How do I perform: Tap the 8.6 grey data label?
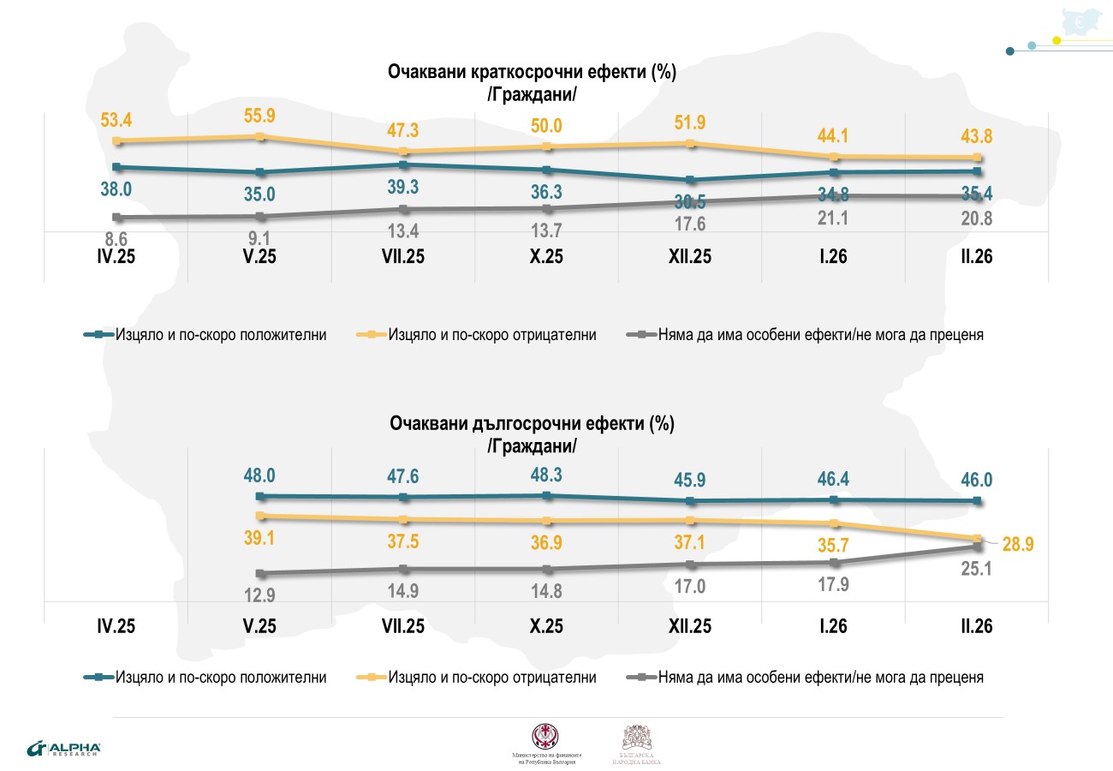point(117,241)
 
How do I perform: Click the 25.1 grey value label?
point(975,566)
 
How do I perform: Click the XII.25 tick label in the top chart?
point(690,255)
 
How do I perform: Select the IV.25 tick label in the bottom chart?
point(116,626)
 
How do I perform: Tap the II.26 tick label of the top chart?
point(975,255)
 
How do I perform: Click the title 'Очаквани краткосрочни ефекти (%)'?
point(532,73)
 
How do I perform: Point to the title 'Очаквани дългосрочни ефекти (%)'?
point(532,424)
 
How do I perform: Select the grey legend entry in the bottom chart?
point(807,677)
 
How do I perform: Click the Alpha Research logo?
point(64,748)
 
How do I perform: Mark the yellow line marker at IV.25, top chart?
point(117,140)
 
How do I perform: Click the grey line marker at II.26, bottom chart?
point(977,547)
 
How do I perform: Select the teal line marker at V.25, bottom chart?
point(260,496)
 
